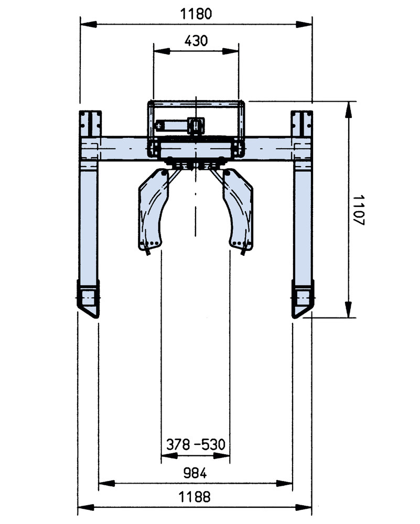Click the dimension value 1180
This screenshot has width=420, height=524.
tap(196, 14)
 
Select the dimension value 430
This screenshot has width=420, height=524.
tap(196, 40)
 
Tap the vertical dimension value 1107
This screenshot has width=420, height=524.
tap(358, 210)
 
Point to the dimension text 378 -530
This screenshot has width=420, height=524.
tap(196, 445)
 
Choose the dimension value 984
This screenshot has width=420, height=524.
tap(195, 473)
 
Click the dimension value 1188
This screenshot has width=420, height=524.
tap(195, 497)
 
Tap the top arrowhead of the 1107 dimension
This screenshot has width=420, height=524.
tap(347, 107)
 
